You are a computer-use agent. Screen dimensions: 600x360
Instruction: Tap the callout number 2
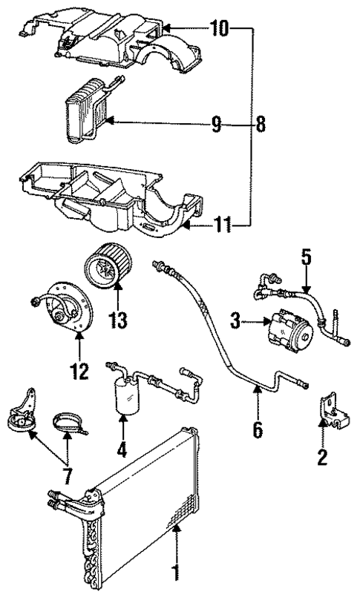click(321, 457)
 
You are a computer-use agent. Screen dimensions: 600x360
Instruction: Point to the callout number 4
click(121, 448)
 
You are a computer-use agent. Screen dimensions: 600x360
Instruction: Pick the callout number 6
click(258, 429)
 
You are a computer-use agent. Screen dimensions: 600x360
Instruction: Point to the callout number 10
click(219, 30)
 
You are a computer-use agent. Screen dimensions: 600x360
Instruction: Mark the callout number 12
click(79, 369)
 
